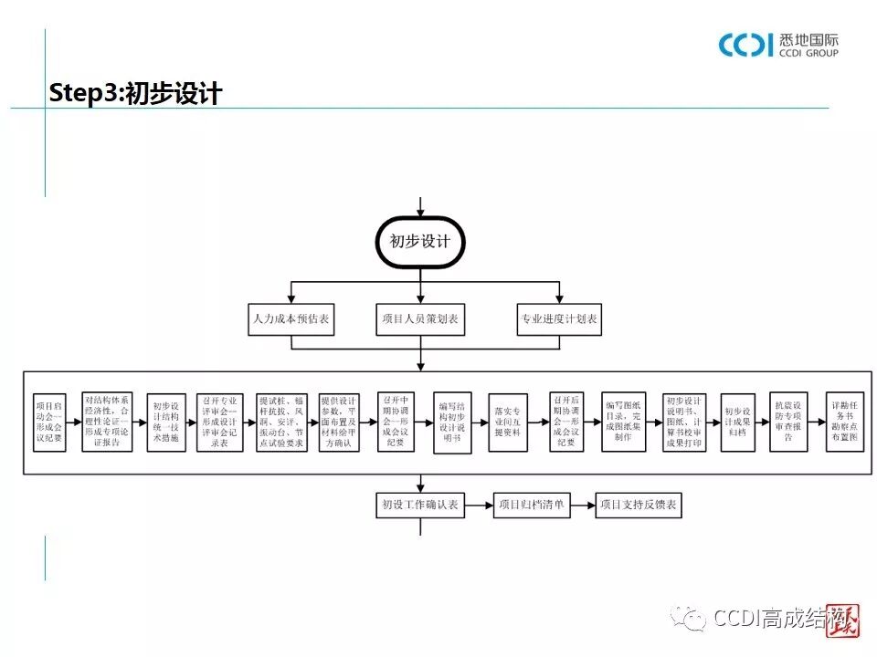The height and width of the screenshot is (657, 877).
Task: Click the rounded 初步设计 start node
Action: click(x=420, y=242)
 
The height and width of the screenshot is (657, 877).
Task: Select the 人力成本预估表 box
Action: click(x=291, y=320)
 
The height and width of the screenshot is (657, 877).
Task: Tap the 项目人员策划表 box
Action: click(x=420, y=320)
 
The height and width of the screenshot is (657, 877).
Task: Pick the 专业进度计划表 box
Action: click(x=559, y=320)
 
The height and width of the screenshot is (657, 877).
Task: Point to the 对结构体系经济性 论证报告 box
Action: click(x=107, y=422)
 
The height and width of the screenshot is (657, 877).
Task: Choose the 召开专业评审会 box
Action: click(x=219, y=422)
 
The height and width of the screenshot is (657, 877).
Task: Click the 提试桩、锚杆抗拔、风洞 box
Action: click(x=282, y=422)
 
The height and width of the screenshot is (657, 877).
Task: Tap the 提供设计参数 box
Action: click(x=342, y=422)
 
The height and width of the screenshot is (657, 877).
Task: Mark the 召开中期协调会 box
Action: click(x=396, y=422)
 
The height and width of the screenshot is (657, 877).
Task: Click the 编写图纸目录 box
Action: click(x=624, y=422)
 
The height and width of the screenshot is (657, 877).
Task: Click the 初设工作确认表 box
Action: click(x=420, y=505)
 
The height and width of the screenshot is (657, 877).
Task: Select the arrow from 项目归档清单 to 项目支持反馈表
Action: click(x=583, y=505)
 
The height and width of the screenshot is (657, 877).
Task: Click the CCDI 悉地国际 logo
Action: click(x=777, y=44)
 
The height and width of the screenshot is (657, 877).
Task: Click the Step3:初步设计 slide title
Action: click(x=135, y=93)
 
